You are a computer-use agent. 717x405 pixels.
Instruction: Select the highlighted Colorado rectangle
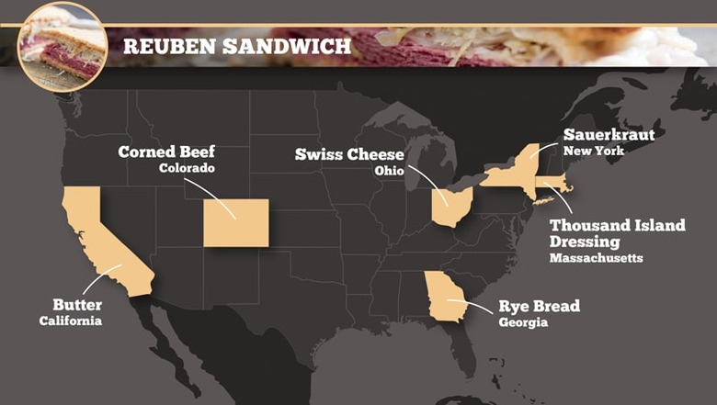click(x=235, y=222)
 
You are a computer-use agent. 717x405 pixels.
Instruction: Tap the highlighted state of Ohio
click(x=453, y=207)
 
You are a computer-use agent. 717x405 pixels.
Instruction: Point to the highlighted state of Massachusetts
click(x=553, y=184)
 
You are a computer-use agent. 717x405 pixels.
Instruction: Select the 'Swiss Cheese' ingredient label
click(x=349, y=154)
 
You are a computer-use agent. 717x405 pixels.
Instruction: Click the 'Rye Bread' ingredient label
click(x=539, y=306)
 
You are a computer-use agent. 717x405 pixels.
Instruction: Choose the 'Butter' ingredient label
click(x=77, y=304)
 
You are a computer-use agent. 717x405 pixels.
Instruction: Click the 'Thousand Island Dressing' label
click(x=616, y=232)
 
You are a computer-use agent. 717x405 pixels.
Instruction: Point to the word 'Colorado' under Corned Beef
click(x=187, y=169)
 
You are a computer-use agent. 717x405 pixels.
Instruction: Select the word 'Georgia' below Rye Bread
click(x=522, y=323)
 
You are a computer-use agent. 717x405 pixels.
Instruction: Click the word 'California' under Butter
click(x=70, y=321)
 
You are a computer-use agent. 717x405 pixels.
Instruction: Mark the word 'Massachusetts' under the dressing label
click(x=596, y=258)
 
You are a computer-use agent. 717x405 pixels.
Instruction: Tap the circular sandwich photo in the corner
click(x=62, y=46)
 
